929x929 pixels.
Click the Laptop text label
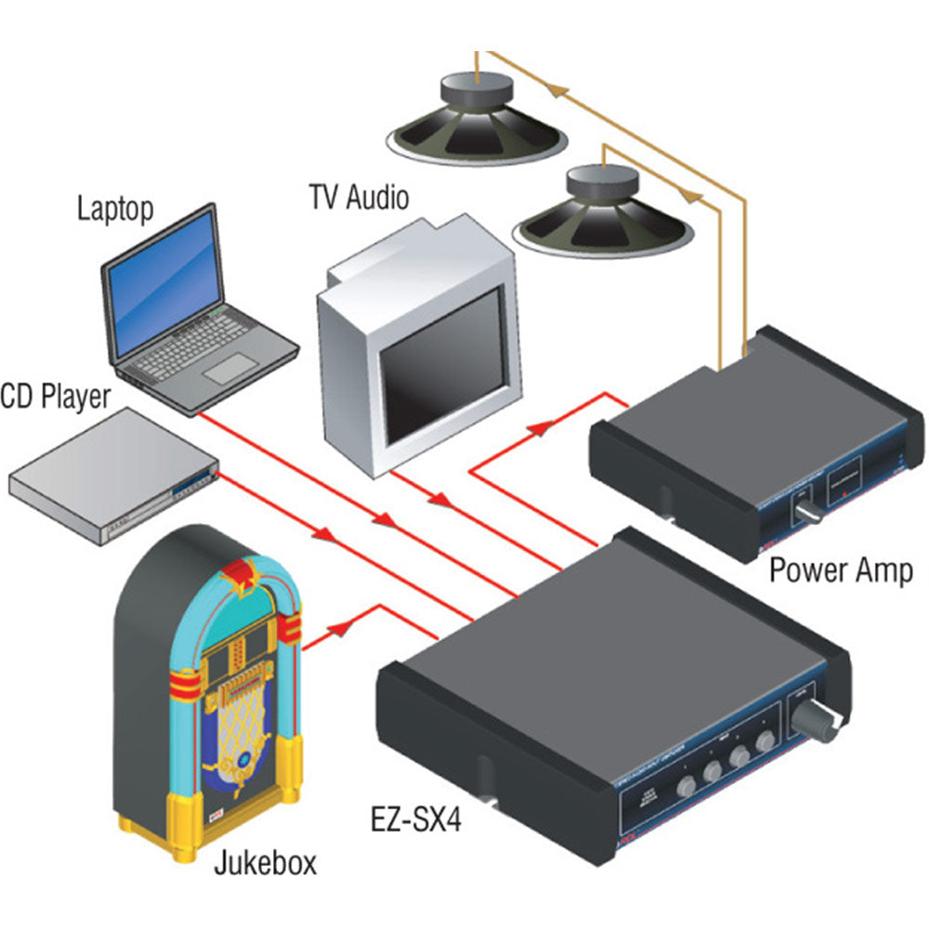[115, 207]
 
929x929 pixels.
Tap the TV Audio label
[358, 198]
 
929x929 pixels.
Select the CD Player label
[55, 396]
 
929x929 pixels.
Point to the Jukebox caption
[265, 863]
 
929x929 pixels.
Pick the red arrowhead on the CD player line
[325, 536]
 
